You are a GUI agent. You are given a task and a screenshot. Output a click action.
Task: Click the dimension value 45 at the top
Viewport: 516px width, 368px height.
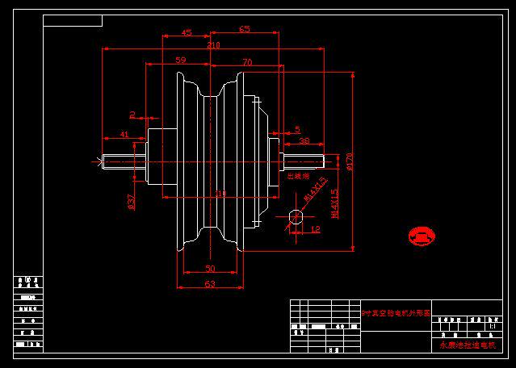pyautogui.click(x=187, y=33)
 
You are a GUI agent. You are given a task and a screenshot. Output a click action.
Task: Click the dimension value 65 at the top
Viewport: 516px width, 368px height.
pyautogui.click(x=245, y=30)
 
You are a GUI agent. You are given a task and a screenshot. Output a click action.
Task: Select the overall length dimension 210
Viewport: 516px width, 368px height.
pyautogui.click(x=213, y=46)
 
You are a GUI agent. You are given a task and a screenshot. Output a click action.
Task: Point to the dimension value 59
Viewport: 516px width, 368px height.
pyautogui.click(x=180, y=61)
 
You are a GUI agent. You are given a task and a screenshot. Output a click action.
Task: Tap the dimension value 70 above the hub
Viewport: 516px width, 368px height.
pyautogui.click(x=246, y=61)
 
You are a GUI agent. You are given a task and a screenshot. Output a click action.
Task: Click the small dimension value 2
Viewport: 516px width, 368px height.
pyautogui.click(x=132, y=115)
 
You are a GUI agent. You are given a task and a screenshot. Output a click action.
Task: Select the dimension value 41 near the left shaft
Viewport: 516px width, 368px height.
pyautogui.click(x=124, y=134)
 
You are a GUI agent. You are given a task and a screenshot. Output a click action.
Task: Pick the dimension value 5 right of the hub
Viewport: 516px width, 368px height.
pyautogui.click(x=296, y=129)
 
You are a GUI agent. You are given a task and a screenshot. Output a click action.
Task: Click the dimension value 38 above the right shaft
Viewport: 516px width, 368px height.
pyautogui.click(x=304, y=140)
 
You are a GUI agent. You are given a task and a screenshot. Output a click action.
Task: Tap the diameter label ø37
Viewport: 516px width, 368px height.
pyautogui.click(x=132, y=201)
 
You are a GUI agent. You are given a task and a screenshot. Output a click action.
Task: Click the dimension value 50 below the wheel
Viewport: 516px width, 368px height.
pyautogui.click(x=210, y=268)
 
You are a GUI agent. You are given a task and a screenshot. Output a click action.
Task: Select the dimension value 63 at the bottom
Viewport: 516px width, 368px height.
pyautogui.click(x=210, y=284)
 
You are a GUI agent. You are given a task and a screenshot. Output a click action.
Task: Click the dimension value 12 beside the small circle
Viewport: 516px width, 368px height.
pyautogui.click(x=315, y=229)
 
